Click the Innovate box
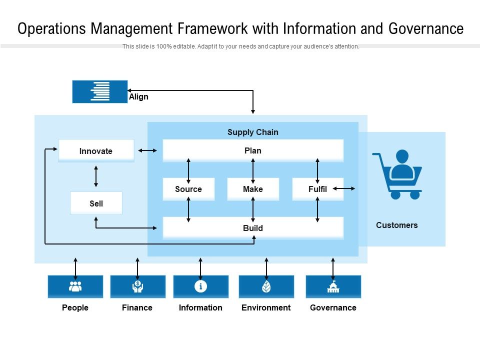(96, 150)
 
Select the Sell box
(96, 203)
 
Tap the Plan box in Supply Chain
(253, 150)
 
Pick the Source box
(188, 189)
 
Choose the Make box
(253, 189)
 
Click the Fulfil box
(318, 189)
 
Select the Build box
(253, 228)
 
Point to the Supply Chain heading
(253, 132)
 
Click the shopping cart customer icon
(397, 174)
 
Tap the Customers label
(396, 225)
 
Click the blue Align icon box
(100, 91)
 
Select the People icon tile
(75, 286)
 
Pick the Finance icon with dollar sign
(138, 286)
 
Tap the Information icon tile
(201, 286)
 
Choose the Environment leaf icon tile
(266, 286)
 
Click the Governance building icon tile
(333, 286)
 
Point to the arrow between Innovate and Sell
(96, 176)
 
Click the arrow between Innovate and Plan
(147, 150)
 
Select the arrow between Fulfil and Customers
(344, 188)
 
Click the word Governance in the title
(426, 28)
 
